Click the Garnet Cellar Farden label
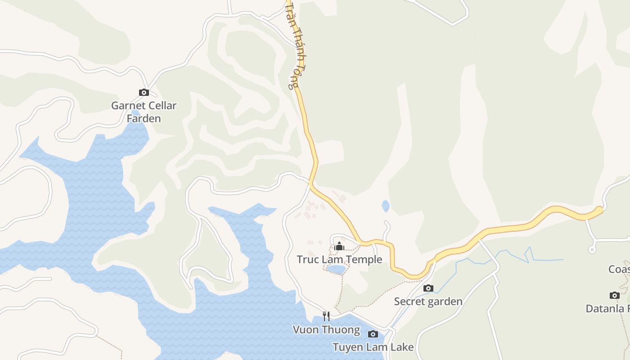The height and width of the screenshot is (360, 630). [x=144, y=112]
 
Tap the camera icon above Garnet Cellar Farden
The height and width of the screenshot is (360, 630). [x=144, y=93]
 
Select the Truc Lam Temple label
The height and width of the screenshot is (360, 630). [x=339, y=260]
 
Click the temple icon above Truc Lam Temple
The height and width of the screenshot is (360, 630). [x=339, y=246]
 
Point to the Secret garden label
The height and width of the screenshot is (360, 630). [x=428, y=301]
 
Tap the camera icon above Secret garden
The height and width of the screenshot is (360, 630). [x=428, y=288]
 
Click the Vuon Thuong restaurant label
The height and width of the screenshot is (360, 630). [x=326, y=330]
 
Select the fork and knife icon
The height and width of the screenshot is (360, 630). [x=326, y=316]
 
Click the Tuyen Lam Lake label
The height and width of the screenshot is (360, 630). [x=373, y=347]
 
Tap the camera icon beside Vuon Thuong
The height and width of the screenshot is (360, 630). [x=373, y=334]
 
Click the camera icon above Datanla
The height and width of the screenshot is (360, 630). [x=615, y=295]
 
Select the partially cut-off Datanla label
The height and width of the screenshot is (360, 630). [x=607, y=309]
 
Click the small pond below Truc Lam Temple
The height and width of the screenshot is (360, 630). [x=336, y=270]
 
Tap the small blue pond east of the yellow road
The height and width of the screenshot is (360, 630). [x=386, y=206]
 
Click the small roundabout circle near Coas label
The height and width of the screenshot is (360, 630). [x=592, y=250]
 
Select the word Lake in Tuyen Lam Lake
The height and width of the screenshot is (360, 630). [x=403, y=347]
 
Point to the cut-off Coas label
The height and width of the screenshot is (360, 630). [x=619, y=269]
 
